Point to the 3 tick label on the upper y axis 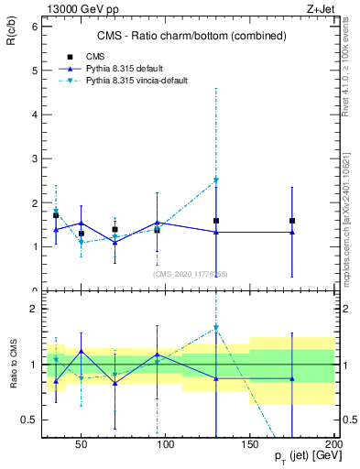[x=34, y=159]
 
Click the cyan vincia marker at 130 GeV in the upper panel [x=216, y=180]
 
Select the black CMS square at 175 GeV [x=292, y=221]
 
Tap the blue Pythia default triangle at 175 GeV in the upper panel [x=292, y=232]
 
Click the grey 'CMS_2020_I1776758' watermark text [x=190, y=273]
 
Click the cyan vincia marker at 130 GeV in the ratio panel [x=216, y=327]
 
